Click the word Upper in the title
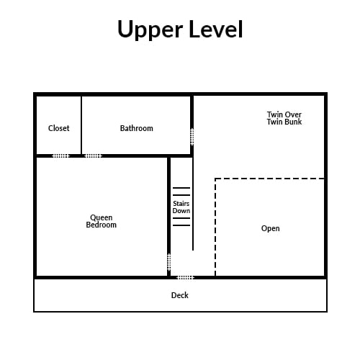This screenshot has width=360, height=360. [x=150, y=30]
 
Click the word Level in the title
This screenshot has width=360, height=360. [x=216, y=29]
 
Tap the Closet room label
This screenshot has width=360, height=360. [x=59, y=128]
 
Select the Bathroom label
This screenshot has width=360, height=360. [x=137, y=128]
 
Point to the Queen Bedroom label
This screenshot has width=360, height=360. [x=102, y=221]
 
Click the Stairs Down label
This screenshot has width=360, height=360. [x=181, y=207]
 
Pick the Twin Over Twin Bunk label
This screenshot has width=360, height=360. [x=284, y=118]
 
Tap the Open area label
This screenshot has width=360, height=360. [x=271, y=228]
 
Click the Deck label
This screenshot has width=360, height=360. [x=180, y=295]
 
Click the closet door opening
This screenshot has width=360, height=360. [x=60, y=156]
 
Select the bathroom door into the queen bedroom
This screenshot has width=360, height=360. [x=94, y=156]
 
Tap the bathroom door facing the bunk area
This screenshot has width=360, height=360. [x=192, y=137]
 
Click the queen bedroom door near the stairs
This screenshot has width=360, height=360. [x=169, y=262]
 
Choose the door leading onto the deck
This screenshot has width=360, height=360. [x=185, y=278]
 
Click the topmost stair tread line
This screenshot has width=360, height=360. [x=181, y=188]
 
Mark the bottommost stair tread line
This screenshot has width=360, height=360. [x=181, y=225]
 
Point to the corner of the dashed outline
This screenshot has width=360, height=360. [x=215, y=179]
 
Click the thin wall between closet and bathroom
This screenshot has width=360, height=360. [x=81, y=125]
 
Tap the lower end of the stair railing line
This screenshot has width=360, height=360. [x=193, y=251]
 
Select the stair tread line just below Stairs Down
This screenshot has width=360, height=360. [x=181, y=218]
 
